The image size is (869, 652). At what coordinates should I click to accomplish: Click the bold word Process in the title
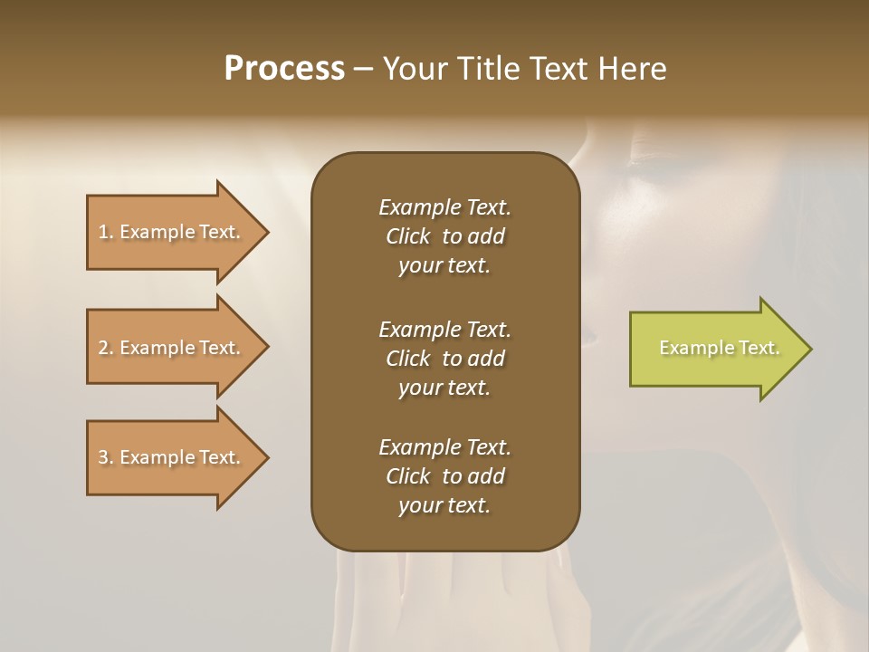[x=284, y=69]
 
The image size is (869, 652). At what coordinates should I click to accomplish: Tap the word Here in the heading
[x=632, y=69]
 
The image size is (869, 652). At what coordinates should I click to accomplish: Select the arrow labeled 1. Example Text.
[x=172, y=232]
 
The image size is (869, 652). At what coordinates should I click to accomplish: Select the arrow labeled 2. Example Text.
[x=172, y=348]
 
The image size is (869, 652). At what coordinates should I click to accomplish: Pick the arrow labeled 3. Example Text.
[x=172, y=457]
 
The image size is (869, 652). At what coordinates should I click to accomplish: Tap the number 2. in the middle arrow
[x=106, y=348]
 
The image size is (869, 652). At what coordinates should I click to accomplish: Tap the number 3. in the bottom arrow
[x=106, y=457]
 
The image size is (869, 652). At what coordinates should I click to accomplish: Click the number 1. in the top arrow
[x=106, y=232]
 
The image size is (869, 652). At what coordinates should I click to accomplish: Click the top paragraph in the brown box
[x=444, y=236]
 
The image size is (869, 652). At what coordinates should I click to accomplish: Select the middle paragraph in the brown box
[x=444, y=358]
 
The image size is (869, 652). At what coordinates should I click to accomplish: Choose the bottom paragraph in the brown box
[x=444, y=476]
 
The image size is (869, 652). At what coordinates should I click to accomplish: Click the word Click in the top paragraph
[x=407, y=236]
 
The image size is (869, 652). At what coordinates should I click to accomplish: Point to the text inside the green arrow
[x=719, y=348]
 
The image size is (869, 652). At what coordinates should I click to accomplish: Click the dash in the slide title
[x=364, y=69]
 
